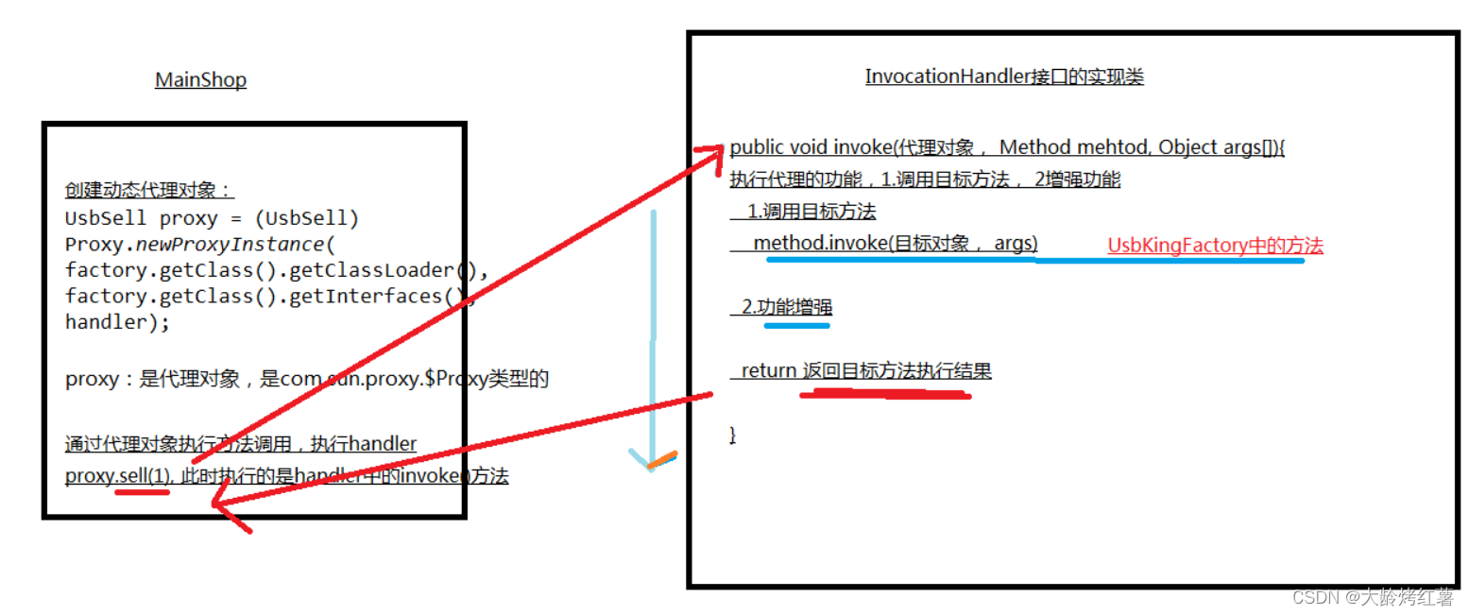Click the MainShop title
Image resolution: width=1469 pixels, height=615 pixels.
200,80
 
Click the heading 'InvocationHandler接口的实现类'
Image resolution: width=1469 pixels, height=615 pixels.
1003,77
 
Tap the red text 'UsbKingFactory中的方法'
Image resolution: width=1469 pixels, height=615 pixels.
1214,246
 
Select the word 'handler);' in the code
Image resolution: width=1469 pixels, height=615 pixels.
117,322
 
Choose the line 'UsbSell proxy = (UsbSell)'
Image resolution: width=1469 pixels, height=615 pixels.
212,218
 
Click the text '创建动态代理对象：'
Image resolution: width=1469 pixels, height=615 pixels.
148,190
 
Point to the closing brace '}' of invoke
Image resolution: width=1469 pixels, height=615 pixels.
732,435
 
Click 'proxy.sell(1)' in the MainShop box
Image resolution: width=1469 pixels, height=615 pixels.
118,476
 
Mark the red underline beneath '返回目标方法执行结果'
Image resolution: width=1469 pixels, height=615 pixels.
884,393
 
